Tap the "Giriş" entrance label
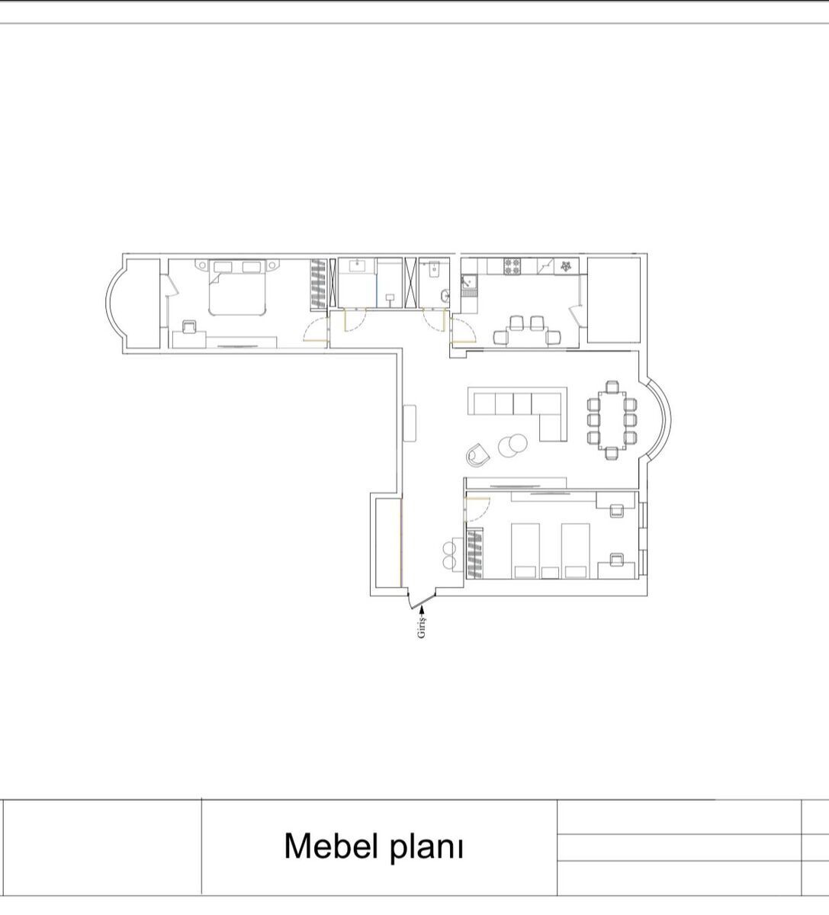(422, 628)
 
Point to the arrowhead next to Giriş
(422, 610)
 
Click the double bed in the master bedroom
(237, 287)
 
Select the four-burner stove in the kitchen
(513, 266)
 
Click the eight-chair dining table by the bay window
(612, 420)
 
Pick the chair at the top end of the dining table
(612, 387)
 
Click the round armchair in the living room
(477, 454)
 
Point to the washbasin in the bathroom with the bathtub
(357, 265)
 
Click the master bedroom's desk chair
(189, 326)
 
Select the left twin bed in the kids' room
(525, 551)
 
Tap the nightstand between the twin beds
(550, 573)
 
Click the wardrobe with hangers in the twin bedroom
(474, 553)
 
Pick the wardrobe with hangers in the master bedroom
(320, 284)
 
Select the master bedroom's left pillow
(222, 267)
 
